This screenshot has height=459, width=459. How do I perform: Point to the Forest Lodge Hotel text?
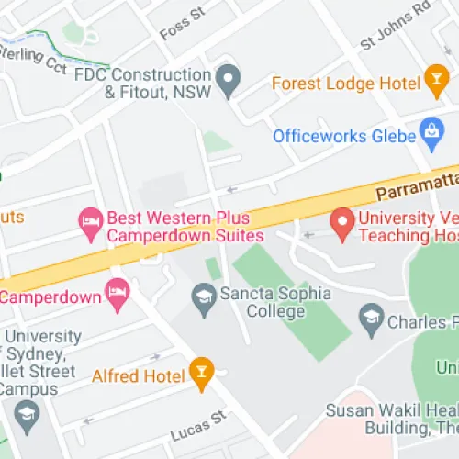(345, 83)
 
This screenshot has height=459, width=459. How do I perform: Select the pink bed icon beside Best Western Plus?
(89, 219)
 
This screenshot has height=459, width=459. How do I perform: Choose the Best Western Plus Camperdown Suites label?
(185, 227)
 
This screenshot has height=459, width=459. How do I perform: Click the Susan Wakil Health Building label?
(395, 420)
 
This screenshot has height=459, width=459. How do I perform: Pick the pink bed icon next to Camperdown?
(118, 295)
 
